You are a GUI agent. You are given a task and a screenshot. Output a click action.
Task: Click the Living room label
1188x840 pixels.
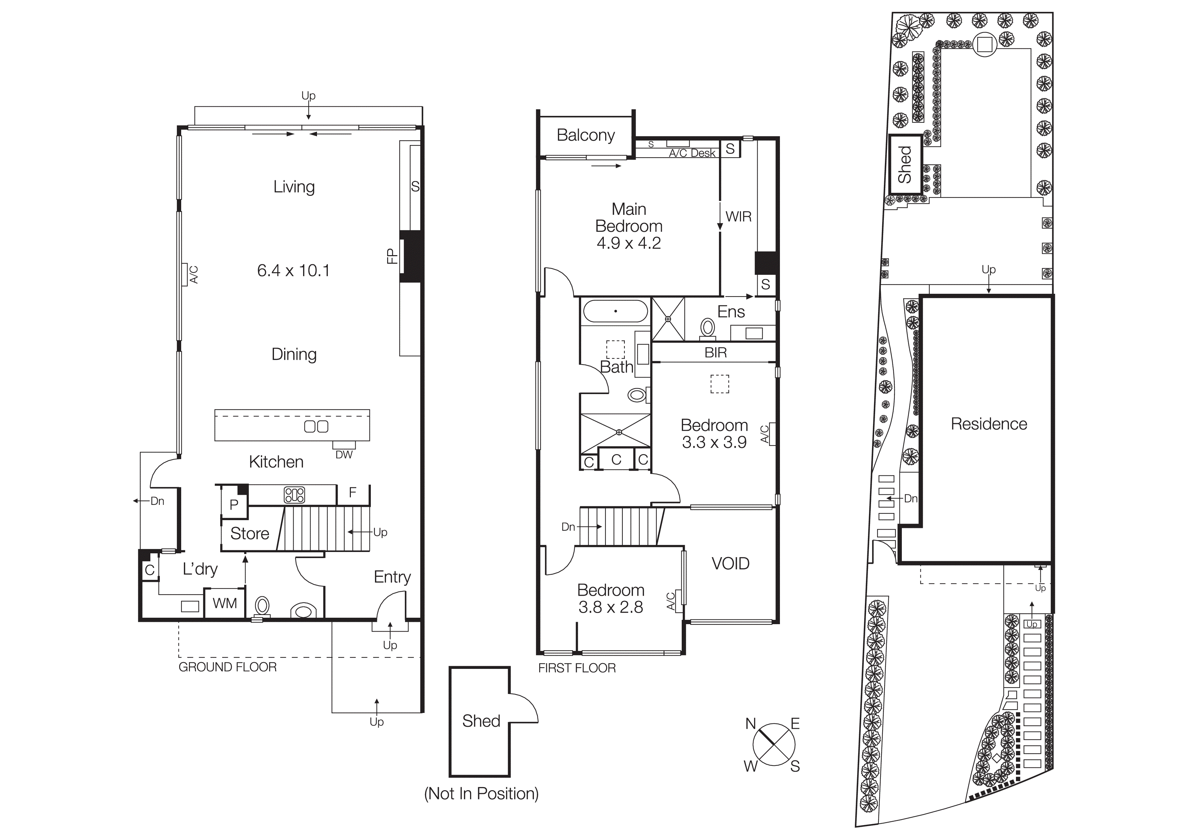click(x=294, y=186)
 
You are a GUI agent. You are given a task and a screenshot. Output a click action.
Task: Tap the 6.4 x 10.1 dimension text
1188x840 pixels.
click(x=293, y=270)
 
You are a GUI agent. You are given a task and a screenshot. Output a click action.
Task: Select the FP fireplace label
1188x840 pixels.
click(x=392, y=256)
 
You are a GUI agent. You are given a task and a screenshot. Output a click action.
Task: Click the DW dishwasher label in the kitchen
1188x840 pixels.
click(x=344, y=454)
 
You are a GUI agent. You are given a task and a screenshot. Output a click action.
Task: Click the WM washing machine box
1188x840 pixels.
click(x=225, y=603)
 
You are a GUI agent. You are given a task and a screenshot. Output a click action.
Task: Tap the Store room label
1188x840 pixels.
click(x=249, y=534)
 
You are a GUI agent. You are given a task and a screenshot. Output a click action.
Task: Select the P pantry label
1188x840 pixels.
click(x=234, y=505)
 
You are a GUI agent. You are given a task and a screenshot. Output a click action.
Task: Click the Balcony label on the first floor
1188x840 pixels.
click(x=586, y=135)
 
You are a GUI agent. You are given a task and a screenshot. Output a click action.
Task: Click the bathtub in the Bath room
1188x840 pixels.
click(x=615, y=312)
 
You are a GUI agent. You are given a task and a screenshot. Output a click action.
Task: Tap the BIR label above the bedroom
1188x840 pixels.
click(x=716, y=352)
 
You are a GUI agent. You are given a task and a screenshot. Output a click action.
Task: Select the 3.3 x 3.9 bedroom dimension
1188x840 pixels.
click(x=714, y=442)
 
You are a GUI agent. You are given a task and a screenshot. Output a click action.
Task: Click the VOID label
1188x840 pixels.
click(x=730, y=563)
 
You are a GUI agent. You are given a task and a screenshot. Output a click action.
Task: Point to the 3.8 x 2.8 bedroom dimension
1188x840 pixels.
click(x=611, y=607)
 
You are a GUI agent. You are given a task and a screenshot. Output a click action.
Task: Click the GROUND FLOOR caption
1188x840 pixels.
click(x=228, y=667)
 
